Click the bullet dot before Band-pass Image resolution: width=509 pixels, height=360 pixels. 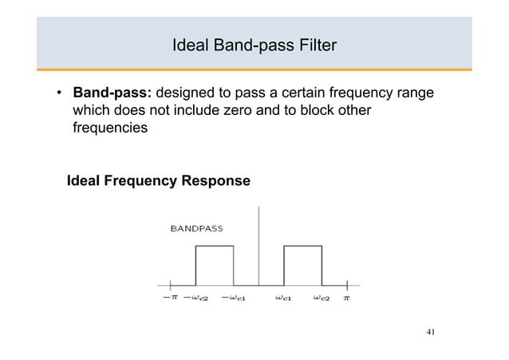tap(60, 94)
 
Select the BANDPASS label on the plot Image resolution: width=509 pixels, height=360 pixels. tap(197, 227)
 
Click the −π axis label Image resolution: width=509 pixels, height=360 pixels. tap(170, 298)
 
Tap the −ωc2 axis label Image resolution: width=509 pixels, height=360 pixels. tap(195, 298)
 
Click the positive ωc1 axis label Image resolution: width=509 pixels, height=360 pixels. tap(285, 298)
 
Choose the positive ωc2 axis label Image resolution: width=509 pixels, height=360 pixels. tap(322, 298)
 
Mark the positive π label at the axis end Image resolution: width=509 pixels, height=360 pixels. tap(347, 298)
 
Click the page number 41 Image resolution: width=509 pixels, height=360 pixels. tap(431, 333)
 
